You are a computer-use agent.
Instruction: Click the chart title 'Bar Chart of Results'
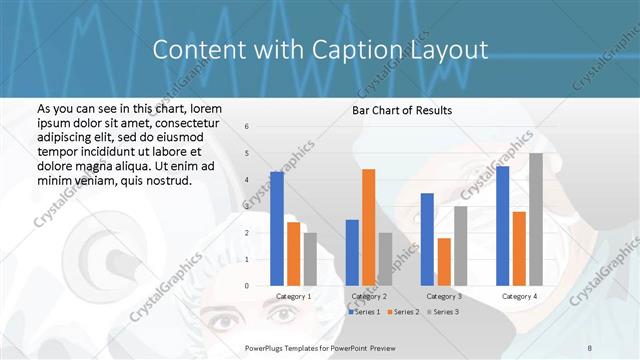401,110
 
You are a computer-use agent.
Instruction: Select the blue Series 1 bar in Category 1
277,229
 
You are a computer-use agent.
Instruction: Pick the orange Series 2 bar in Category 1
293,254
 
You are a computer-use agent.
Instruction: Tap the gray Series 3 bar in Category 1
310,259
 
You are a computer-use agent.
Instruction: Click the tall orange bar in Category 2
369,227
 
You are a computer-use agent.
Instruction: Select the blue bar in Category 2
352,253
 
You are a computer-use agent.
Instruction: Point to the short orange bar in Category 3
444,262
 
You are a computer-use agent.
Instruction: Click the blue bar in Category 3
427,239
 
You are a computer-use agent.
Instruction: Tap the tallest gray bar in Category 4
536,219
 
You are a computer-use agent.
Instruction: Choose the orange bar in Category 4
519,248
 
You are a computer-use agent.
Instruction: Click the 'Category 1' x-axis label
293,296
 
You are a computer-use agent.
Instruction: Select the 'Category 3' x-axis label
444,296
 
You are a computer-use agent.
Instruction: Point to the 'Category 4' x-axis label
519,296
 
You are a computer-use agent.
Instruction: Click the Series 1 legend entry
365,312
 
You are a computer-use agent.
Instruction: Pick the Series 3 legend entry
442,312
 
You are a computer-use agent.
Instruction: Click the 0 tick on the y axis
247,286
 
